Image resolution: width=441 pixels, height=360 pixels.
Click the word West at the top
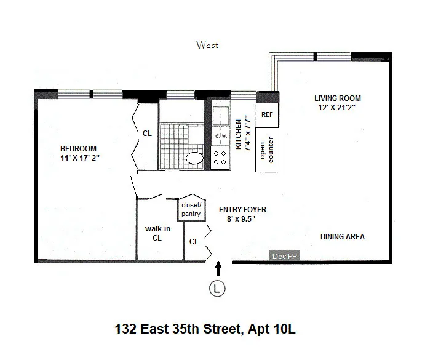[207, 45]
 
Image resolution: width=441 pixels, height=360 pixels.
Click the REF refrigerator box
[267, 114]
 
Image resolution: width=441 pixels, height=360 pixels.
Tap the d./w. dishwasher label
[220, 136]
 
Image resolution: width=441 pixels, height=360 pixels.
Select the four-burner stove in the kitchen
[220, 157]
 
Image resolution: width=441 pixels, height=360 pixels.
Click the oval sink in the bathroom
[195, 158]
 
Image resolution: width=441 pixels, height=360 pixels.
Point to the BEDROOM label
[78, 149]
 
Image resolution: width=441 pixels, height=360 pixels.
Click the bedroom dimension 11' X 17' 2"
[78, 158]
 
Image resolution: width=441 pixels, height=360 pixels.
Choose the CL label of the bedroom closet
[147, 132]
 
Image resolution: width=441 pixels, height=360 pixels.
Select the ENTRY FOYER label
[242, 210]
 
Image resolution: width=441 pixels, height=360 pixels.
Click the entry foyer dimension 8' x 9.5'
[242, 218]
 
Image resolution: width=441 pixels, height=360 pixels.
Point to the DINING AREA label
[343, 237]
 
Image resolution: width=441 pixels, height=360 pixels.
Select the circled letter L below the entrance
[217, 287]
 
